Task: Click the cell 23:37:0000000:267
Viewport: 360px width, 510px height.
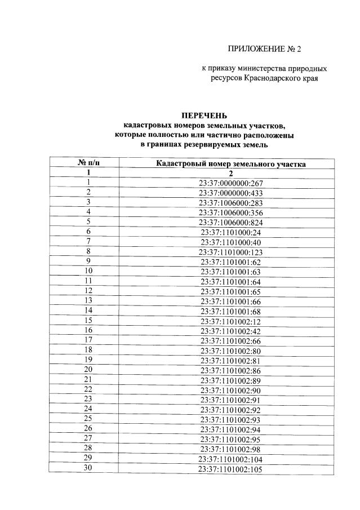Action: (231, 183)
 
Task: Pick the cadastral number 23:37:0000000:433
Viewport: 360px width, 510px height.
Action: (231, 193)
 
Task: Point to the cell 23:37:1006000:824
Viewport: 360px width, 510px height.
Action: (231, 222)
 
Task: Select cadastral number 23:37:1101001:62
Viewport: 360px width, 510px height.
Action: (231, 261)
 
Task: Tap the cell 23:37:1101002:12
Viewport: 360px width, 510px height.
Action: (231, 321)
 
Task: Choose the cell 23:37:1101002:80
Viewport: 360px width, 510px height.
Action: (231, 351)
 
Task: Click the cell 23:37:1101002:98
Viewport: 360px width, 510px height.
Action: (231, 449)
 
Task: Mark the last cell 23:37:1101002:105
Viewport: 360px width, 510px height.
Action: (231, 469)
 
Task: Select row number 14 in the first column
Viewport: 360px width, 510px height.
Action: (88, 311)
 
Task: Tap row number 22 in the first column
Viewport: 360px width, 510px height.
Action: (88, 389)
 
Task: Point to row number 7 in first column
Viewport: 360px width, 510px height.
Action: (88, 241)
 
